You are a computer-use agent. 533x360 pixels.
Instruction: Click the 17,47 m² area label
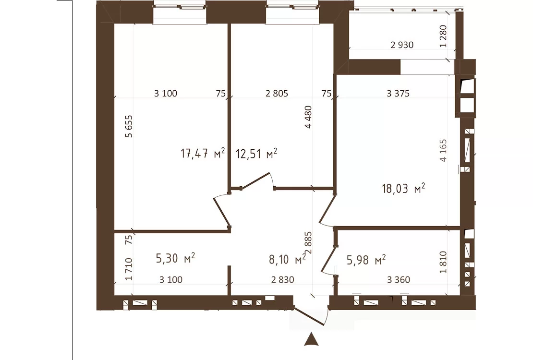pyautogui.click(x=203, y=153)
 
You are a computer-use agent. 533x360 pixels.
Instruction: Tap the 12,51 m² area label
pyautogui.click(x=256, y=153)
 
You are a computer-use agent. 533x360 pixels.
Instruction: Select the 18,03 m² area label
pyautogui.click(x=403, y=188)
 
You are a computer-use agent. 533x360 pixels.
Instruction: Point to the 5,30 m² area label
pyautogui.click(x=175, y=258)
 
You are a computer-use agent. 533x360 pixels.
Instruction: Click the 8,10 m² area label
pyautogui.click(x=287, y=259)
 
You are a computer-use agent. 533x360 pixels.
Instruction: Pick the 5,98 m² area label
pyautogui.click(x=366, y=260)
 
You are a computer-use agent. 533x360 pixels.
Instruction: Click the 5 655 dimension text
pyautogui.click(x=129, y=126)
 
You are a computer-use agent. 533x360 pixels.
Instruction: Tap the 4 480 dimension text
pyautogui.click(x=308, y=117)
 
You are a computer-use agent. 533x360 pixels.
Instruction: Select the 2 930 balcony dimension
pyautogui.click(x=402, y=45)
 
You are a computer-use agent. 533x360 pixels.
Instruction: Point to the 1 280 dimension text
pyautogui.click(x=443, y=36)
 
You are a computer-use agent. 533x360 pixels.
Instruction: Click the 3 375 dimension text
pyautogui.click(x=398, y=93)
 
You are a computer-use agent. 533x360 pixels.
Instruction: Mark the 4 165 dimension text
pyautogui.click(x=443, y=151)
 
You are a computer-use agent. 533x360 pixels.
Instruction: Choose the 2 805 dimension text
pyautogui.click(x=277, y=93)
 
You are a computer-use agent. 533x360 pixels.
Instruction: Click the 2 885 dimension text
pyautogui.click(x=309, y=243)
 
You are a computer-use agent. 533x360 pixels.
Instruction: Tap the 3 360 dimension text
pyautogui.click(x=399, y=280)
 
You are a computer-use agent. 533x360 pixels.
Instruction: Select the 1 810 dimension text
pyautogui.click(x=443, y=262)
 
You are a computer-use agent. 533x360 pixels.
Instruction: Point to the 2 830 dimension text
pyautogui.click(x=282, y=280)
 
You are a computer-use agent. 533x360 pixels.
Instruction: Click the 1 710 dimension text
pyautogui.click(x=129, y=269)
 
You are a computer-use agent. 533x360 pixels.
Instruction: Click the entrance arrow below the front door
pyautogui.click(x=311, y=340)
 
